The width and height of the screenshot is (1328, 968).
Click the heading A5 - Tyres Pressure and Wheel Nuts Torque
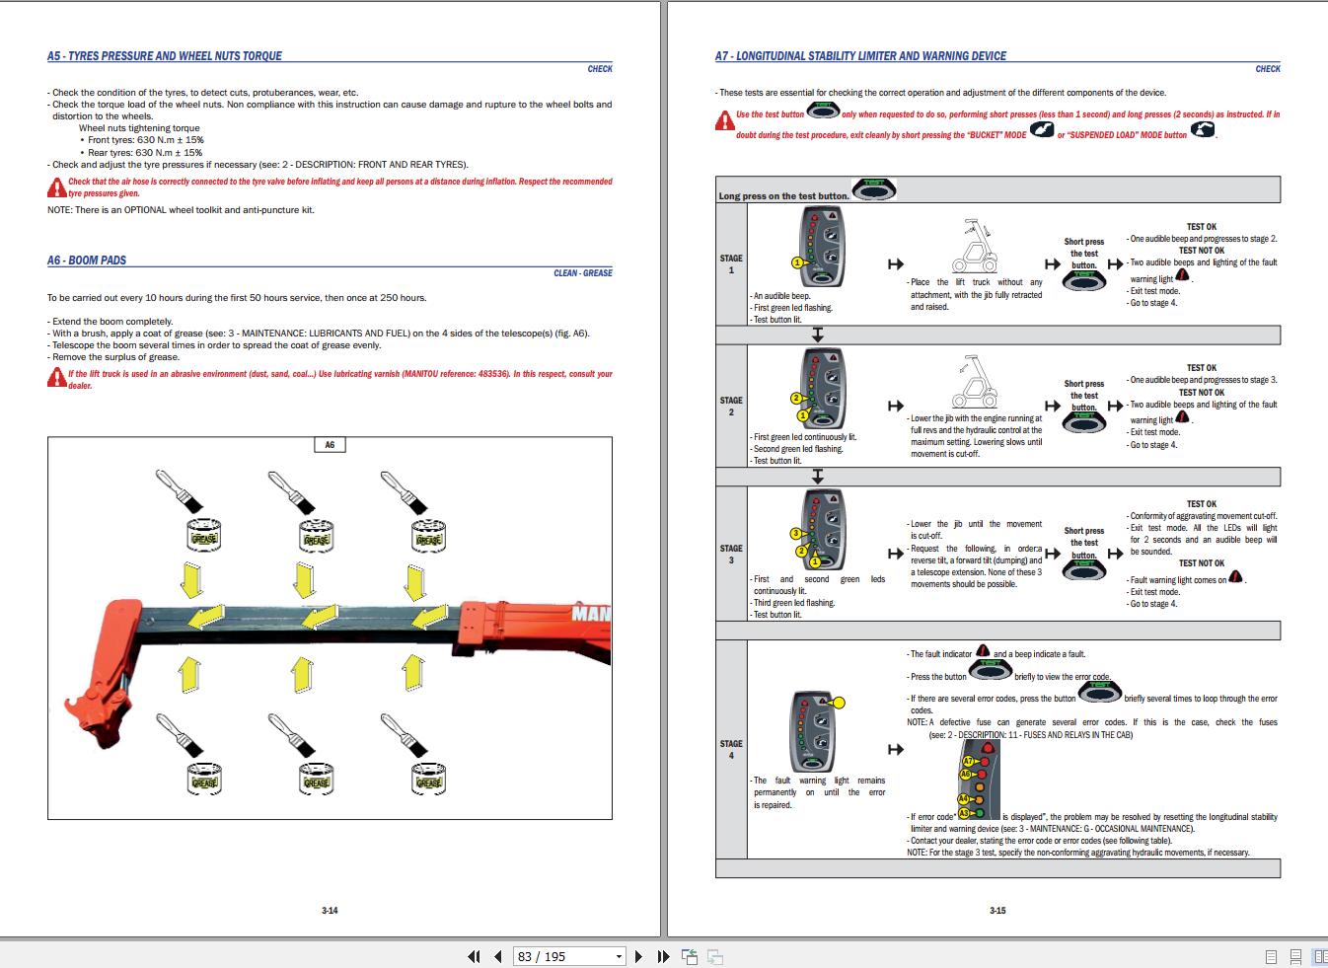point(165,56)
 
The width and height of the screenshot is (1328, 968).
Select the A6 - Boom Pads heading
point(87,261)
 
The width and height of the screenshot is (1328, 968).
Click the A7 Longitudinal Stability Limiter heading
point(860,56)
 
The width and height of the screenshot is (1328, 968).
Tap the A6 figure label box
point(330,445)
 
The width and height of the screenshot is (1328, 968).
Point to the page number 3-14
point(330,911)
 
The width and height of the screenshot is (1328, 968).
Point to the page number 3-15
point(997,911)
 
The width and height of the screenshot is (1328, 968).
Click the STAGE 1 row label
point(731,264)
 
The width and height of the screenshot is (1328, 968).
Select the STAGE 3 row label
point(731,554)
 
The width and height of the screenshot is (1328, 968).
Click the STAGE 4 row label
point(731,750)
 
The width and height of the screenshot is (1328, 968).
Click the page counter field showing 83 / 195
point(570,956)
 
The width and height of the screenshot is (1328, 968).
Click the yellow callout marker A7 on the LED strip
point(967,761)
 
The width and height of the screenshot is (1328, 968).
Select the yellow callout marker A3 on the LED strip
point(965,812)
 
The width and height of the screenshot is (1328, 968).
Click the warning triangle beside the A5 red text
point(56,187)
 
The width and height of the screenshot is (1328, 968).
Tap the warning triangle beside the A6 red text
point(56,379)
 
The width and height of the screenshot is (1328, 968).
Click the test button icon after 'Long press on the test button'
point(872,189)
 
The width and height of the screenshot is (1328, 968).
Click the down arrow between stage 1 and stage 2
point(817,335)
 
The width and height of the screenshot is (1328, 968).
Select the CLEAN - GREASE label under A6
point(582,273)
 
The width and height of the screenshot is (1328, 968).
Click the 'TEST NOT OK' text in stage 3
point(1201,563)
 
